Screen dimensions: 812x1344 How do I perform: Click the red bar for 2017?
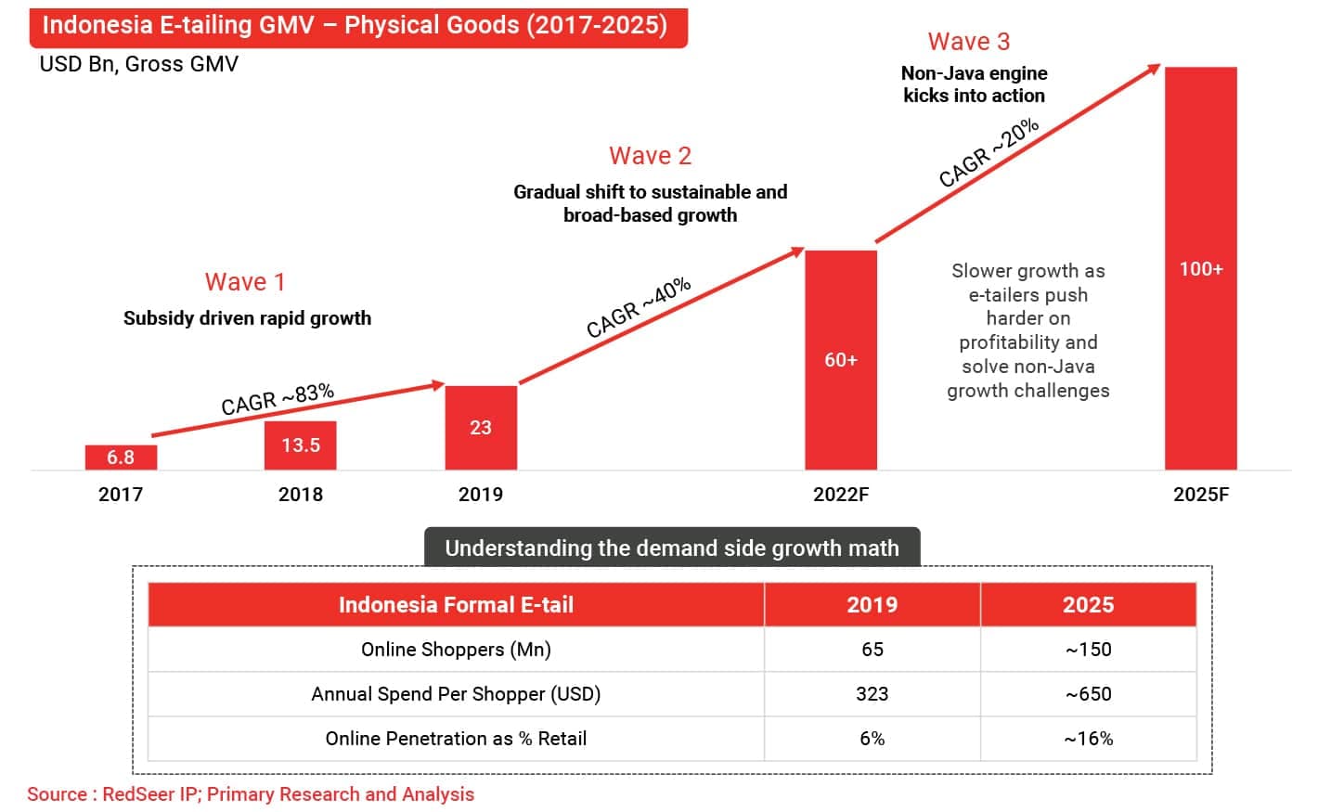tap(121, 458)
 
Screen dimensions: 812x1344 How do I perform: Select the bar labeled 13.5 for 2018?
tap(300, 445)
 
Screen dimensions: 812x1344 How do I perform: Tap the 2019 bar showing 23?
tap(481, 428)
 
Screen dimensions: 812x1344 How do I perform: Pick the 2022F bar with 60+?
tap(840, 360)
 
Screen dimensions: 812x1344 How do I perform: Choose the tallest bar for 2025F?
tap(1200, 269)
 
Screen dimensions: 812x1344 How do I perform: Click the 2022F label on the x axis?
tap(841, 495)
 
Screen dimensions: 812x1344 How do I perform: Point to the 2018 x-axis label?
tap(300, 495)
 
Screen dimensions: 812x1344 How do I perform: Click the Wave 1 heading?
tap(245, 282)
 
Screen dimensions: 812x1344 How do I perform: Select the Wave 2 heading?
tap(650, 156)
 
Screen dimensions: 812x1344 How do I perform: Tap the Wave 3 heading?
tap(968, 42)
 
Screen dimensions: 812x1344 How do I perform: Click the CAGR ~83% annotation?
tap(278, 399)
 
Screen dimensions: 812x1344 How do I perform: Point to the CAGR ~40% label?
tap(639, 307)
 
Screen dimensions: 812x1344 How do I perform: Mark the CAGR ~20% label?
tap(989, 153)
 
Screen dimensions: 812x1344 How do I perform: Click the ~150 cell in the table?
tap(1088, 650)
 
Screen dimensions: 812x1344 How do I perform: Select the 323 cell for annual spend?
tap(872, 694)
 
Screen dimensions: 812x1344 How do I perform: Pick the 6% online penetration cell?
tap(872, 739)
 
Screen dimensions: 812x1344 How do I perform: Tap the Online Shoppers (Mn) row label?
tap(456, 650)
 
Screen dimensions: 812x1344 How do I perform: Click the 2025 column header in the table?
tap(1088, 605)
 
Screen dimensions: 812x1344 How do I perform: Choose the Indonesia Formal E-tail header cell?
tap(456, 605)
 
